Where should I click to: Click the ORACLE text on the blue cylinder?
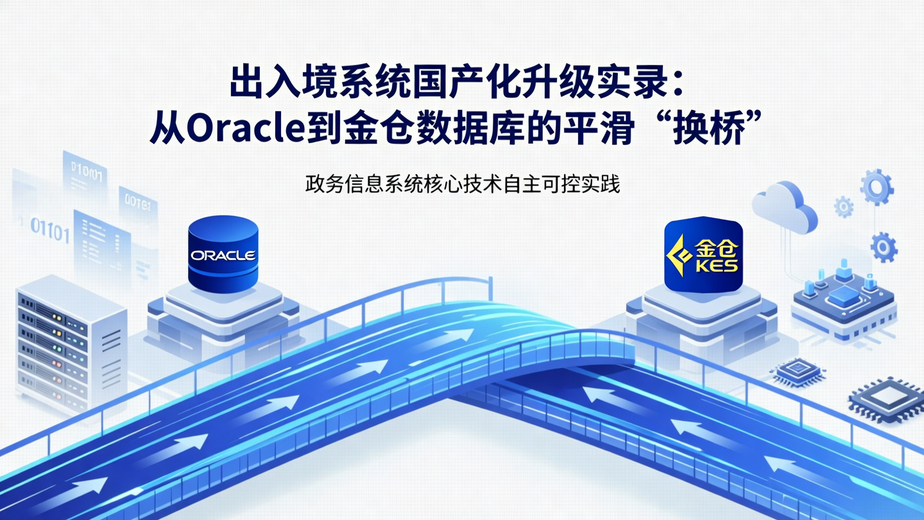(x=223, y=256)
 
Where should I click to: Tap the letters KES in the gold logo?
(x=715, y=264)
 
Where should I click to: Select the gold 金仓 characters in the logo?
(x=716, y=246)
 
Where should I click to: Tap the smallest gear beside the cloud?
(x=843, y=206)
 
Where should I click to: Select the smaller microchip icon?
(x=798, y=371)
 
